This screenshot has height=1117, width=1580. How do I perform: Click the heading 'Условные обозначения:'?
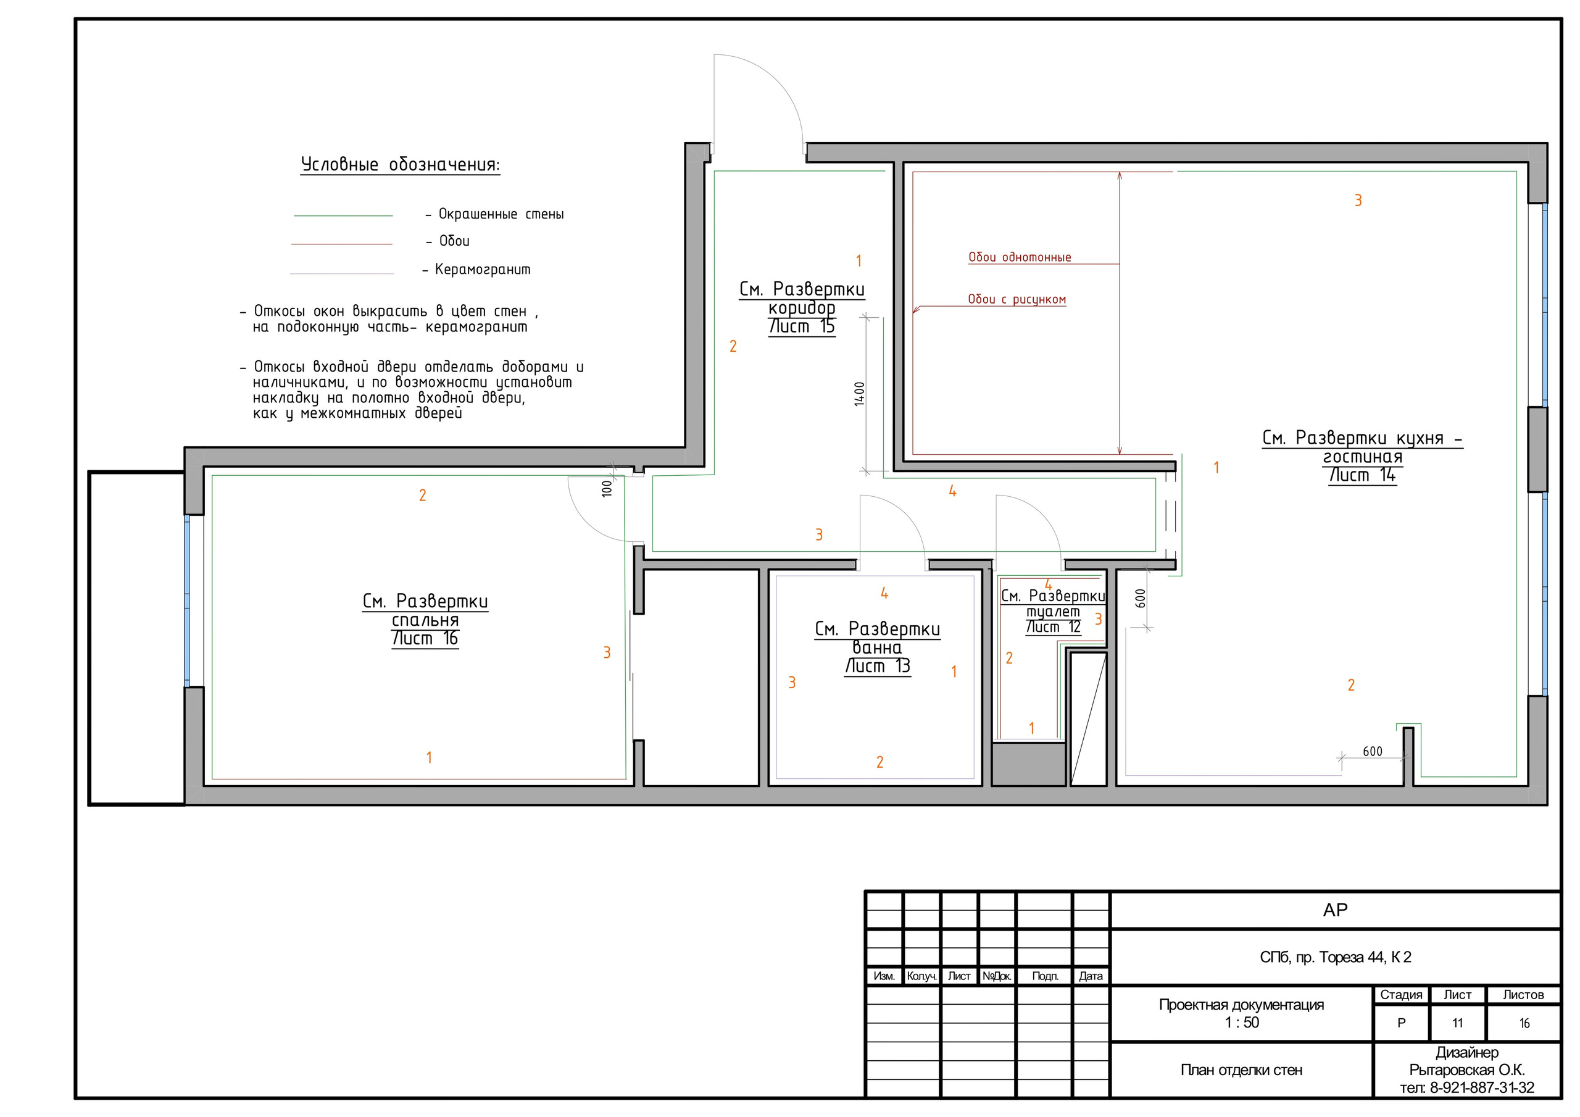pyautogui.click(x=400, y=165)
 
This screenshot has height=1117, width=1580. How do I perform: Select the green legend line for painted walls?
pyautogui.click(x=343, y=216)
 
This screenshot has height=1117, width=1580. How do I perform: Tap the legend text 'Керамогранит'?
pyautogui.click(x=483, y=269)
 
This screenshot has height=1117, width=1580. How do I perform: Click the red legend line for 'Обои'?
pyautogui.click(x=341, y=244)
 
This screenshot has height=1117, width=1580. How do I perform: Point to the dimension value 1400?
pyautogui.click(x=860, y=394)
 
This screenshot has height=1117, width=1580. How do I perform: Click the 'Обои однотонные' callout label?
pyautogui.click(x=1020, y=257)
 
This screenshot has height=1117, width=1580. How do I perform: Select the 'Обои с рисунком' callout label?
pyautogui.click(x=1017, y=299)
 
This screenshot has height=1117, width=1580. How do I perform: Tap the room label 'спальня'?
pyautogui.click(x=425, y=620)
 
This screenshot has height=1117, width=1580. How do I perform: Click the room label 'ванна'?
pyautogui.click(x=878, y=647)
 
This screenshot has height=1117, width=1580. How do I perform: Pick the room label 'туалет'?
pyautogui.click(x=1053, y=612)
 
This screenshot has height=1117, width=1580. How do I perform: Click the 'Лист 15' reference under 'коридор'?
pyautogui.click(x=802, y=327)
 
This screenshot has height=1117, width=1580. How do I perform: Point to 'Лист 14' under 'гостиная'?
pyautogui.click(x=1363, y=475)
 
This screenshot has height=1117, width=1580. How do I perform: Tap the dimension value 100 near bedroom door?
pyautogui.click(x=606, y=489)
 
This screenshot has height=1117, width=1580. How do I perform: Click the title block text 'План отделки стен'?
pyautogui.click(x=1241, y=1070)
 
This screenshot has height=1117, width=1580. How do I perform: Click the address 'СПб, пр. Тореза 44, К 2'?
pyautogui.click(x=1335, y=957)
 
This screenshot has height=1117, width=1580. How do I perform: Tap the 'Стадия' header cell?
pyautogui.click(x=1401, y=995)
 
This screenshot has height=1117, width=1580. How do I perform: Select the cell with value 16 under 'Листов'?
pyautogui.click(x=1524, y=1023)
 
